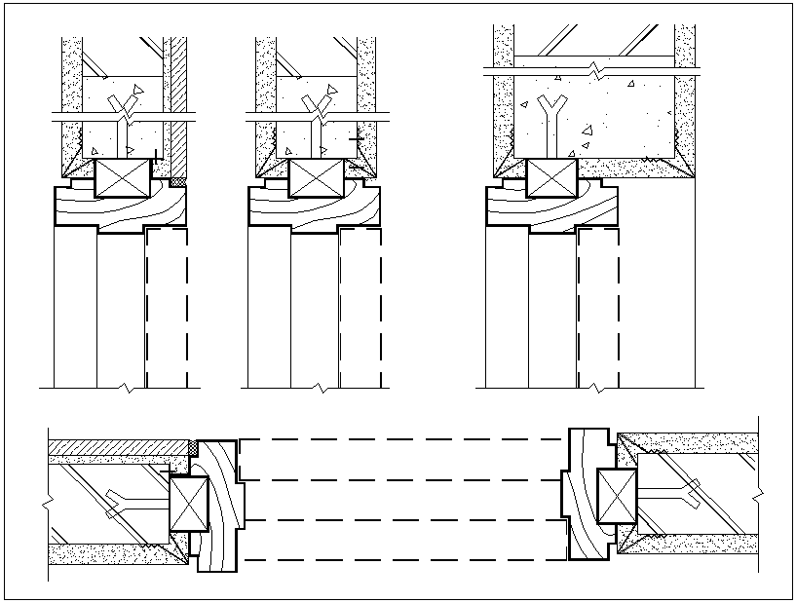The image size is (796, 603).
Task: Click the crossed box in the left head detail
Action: coord(124,178)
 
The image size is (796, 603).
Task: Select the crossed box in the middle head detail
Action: coord(318,178)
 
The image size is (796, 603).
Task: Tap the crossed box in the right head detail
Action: coord(551,178)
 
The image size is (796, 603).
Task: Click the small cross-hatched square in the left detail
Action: coord(177,181)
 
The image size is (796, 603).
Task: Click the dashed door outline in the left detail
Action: coord(167,307)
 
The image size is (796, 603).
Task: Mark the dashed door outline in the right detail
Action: coord(597,307)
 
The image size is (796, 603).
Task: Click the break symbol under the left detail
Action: coord(126,388)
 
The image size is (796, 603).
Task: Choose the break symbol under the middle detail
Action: coord(321,388)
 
